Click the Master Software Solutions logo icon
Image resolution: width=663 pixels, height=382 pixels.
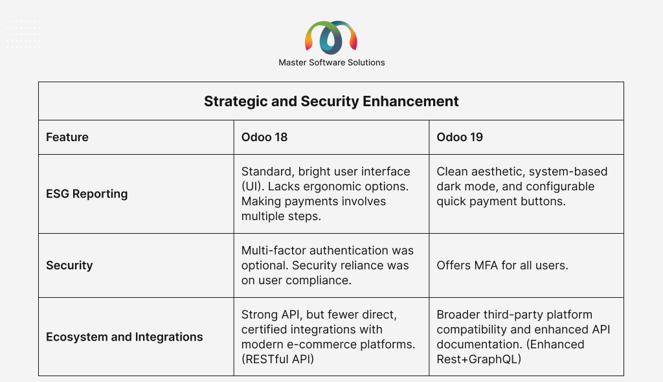[x=331, y=38]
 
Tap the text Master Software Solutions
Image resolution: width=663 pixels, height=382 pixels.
[x=331, y=63]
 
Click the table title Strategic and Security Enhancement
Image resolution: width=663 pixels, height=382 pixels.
[x=331, y=102]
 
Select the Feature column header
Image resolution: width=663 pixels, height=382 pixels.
[x=67, y=137]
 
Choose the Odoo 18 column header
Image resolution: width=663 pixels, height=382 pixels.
[x=264, y=137]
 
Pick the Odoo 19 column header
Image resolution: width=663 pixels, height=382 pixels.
[x=460, y=137]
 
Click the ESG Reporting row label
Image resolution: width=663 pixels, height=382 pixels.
[x=87, y=194]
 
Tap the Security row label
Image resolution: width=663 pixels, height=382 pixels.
[x=69, y=265]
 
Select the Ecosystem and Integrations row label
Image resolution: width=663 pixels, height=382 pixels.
[x=124, y=337]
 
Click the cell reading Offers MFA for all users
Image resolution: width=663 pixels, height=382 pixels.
[x=502, y=265]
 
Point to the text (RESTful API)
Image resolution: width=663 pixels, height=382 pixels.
[x=277, y=359]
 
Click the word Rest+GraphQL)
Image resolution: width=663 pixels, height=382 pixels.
[x=478, y=359]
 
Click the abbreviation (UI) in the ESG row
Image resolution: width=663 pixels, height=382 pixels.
[x=253, y=186]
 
